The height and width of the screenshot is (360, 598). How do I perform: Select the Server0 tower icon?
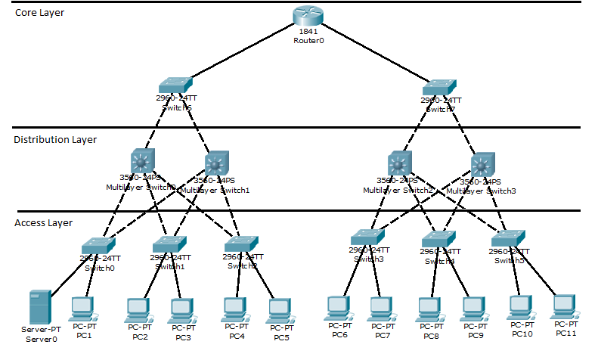(39, 307)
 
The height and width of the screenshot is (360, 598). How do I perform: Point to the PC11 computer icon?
(564, 306)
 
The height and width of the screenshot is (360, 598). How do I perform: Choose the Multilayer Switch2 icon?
(398, 163)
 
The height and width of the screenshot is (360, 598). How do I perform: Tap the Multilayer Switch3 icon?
(482, 163)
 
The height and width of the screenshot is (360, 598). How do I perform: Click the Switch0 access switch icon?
(97, 245)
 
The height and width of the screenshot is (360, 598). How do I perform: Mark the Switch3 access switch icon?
(367, 236)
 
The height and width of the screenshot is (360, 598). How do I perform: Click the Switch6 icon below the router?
(175, 85)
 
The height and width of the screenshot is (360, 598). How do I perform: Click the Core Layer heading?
(40, 14)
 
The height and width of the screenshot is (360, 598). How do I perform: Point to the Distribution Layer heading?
(55, 139)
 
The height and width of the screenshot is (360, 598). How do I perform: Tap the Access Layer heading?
(44, 222)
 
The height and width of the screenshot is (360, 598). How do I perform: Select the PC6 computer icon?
(338, 307)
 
